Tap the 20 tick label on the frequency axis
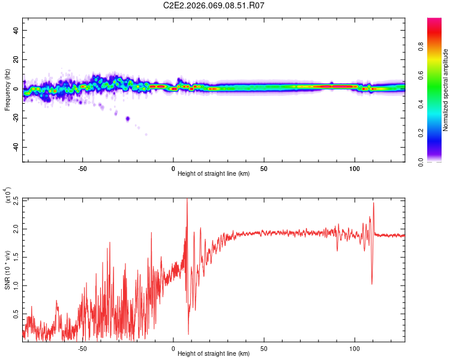(x=17, y=59)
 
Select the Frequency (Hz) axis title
(x=7, y=90)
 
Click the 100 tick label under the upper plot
(x=355, y=168)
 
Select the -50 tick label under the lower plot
(x=83, y=348)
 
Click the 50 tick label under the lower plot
(x=264, y=348)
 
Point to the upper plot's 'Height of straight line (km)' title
(x=214, y=174)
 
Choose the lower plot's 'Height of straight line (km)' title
(x=214, y=354)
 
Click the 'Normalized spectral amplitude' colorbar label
(x=446, y=90)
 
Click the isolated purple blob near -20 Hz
(x=127, y=118)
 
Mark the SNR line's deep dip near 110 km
(x=372, y=283)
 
